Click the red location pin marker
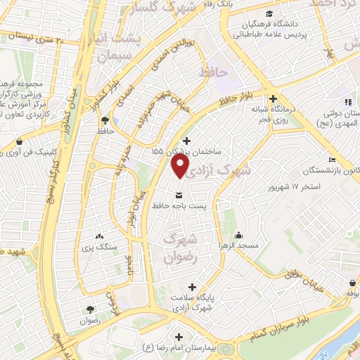180,165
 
